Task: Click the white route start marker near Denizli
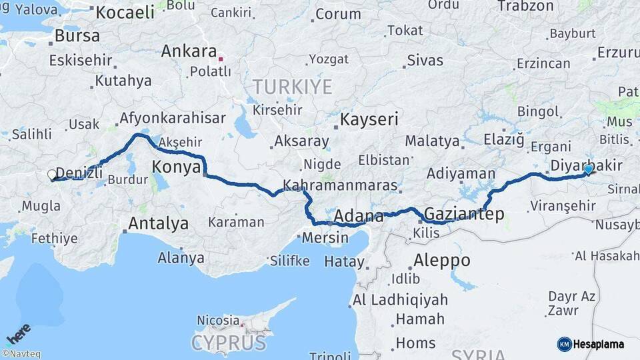pyautogui.click(x=52, y=175)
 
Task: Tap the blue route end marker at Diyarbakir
pyautogui.click(x=588, y=169)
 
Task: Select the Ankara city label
pyautogui.click(x=189, y=51)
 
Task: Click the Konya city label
pyautogui.click(x=177, y=167)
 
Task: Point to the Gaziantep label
pyautogui.click(x=464, y=214)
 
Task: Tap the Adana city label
pyautogui.click(x=359, y=216)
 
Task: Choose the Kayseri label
pyautogui.click(x=369, y=120)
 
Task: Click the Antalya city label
pyautogui.click(x=158, y=223)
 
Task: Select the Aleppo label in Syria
pyautogui.click(x=441, y=260)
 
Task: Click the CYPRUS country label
pyautogui.click(x=229, y=343)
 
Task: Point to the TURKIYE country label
pyautogui.click(x=292, y=87)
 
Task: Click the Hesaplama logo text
pyautogui.click(x=598, y=344)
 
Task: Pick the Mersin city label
pyautogui.click(x=325, y=237)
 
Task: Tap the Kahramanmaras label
pyautogui.click(x=340, y=186)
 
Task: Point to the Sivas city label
pyautogui.click(x=425, y=60)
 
